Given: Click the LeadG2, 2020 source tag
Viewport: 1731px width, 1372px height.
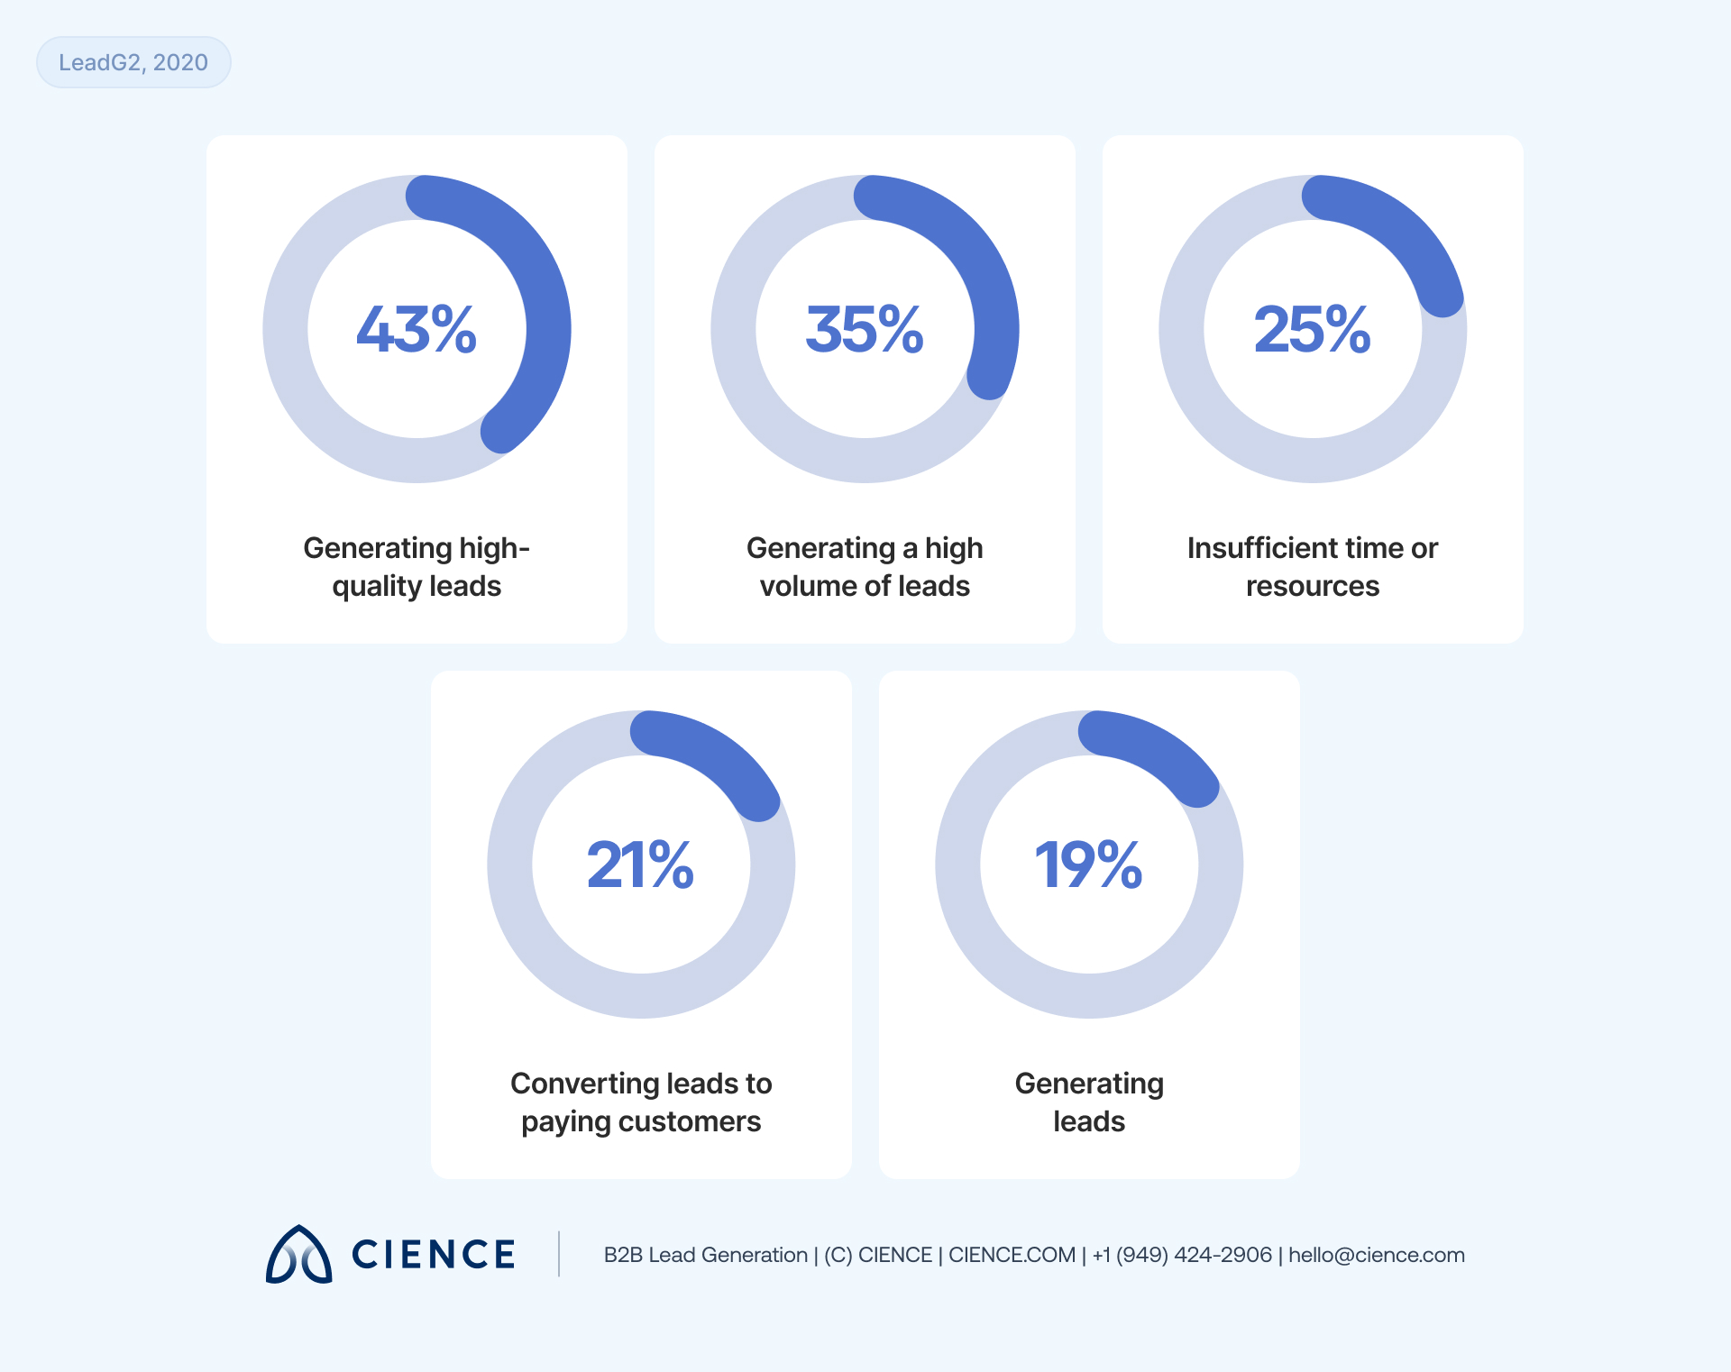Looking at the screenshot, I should tap(133, 62).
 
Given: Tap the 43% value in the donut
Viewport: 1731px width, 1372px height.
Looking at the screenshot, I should tap(417, 329).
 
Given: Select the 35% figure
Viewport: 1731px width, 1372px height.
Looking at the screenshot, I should tap(865, 329).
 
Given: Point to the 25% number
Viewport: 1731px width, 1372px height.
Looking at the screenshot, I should tap(1313, 329).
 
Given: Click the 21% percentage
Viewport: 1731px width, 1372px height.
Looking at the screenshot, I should tap(641, 864).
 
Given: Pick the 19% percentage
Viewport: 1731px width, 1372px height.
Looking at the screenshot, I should tap(1089, 864).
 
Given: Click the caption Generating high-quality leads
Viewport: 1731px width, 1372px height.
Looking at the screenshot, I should tap(417, 566).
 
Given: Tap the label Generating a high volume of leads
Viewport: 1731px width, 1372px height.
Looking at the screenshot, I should tap(865, 566).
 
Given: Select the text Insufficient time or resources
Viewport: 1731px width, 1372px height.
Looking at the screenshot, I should tap(1313, 566).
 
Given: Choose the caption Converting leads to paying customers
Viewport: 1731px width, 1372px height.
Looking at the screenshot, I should tap(641, 1102).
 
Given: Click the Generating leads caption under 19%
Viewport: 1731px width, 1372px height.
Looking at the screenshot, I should tap(1089, 1102).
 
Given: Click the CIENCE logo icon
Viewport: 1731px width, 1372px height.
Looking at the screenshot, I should tap(299, 1255).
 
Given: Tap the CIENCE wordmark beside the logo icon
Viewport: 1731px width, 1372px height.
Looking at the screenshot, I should tap(434, 1255).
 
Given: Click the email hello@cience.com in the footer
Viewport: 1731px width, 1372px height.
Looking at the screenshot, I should tap(1376, 1255).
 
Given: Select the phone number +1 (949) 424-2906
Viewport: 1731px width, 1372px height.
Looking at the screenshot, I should tap(1182, 1255).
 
